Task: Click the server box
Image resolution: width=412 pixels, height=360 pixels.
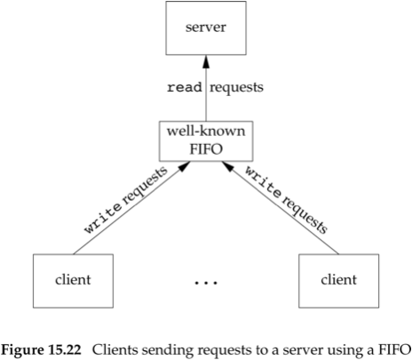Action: point(206,28)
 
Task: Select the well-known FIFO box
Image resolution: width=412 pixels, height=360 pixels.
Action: point(206,141)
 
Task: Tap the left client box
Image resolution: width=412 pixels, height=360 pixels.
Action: point(73,281)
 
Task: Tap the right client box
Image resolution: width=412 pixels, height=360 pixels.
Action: point(338,281)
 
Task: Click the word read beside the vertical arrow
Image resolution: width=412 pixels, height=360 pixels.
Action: point(185,87)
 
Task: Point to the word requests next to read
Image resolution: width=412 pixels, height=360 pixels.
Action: point(236,88)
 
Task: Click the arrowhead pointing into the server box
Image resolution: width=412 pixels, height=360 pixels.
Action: point(206,61)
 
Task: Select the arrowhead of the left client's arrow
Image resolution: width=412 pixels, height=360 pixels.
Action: point(184,166)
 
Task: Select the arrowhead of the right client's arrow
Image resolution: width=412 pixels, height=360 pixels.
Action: point(228,166)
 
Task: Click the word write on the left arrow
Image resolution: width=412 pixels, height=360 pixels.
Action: point(103,218)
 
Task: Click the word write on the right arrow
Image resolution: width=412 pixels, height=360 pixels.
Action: point(263,182)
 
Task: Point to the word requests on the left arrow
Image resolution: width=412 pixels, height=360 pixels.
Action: point(145,186)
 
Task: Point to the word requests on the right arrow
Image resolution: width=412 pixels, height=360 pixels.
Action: point(305,215)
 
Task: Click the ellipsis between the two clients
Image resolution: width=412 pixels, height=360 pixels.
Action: point(206,282)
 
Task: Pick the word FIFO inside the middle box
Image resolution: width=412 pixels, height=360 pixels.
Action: point(206,149)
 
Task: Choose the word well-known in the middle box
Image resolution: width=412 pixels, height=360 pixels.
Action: point(206,132)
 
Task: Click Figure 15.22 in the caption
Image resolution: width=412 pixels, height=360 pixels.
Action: point(41,350)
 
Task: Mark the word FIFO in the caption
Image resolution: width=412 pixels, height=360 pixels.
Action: point(394,350)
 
